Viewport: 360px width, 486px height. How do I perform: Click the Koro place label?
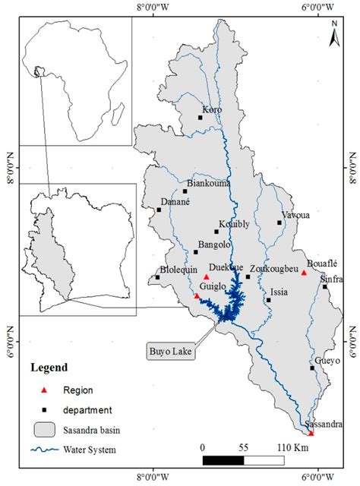212,110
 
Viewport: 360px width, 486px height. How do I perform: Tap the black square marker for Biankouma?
185,191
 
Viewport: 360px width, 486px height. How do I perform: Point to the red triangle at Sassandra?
311,434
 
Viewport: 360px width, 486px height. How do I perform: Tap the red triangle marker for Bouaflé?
304,273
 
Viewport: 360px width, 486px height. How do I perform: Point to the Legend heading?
49,368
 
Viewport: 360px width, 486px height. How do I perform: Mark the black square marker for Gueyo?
312,368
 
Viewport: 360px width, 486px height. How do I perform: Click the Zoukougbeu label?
273,268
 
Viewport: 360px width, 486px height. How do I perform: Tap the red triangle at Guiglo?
197,296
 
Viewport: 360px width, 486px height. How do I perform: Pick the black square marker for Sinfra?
325,287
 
